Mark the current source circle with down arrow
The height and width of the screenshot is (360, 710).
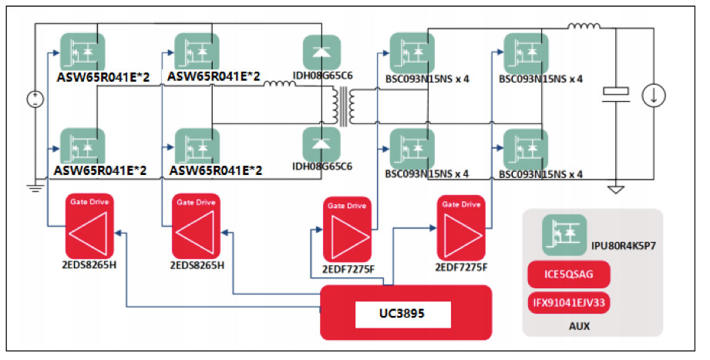click(654, 94)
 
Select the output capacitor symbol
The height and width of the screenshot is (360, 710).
click(615, 93)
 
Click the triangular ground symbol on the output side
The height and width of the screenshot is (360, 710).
click(615, 188)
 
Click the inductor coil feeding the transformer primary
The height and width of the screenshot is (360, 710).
click(278, 85)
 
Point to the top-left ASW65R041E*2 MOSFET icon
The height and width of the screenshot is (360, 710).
click(82, 52)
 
